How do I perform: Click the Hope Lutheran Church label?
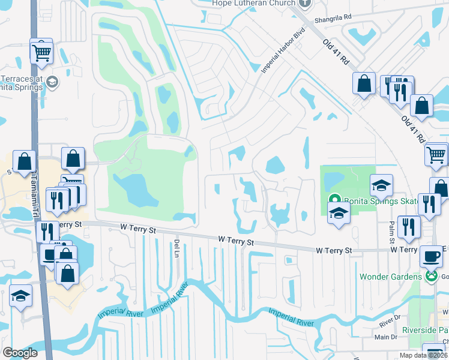pyautogui.click(x=254, y=4)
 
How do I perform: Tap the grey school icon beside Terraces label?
pyautogui.click(x=52, y=82)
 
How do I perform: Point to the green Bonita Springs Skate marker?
pyautogui.click(x=334, y=200)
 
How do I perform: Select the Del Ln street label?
pyautogui.click(x=176, y=247)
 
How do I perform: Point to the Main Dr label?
pyautogui.click(x=387, y=337)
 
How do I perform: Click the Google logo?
pyautogui.click(x=20, y=352)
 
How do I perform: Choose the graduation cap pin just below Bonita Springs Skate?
pyautogui.click(x=339, y=212)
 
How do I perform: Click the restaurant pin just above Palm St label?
pyautogui.click(x=409, y=226)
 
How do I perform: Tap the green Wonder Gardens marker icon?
pyautogui.click(x=430, y=277)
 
